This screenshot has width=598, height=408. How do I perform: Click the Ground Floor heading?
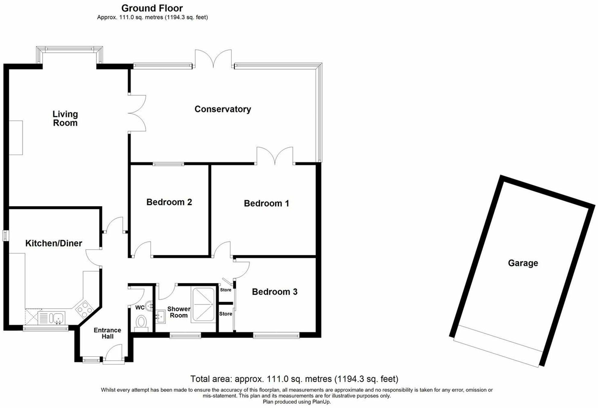[152, 8]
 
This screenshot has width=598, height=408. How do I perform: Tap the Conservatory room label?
[222, 109]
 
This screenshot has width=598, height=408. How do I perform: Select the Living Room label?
[65, 118]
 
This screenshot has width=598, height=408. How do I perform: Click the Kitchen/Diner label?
[54, 243]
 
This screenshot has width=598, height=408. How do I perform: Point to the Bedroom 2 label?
[169, 202]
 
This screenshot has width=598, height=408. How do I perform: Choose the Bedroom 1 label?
[266, 203]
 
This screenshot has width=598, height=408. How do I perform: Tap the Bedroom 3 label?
[274, 292]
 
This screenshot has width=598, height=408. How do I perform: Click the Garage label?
[523, 263]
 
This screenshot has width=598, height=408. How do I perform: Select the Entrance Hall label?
[107, 333]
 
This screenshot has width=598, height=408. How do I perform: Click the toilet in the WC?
[141, 322]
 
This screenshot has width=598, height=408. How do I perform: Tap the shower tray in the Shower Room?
[203, 304]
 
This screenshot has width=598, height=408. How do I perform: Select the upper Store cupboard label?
[225, 290]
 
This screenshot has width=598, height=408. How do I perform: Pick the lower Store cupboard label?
[225, 314]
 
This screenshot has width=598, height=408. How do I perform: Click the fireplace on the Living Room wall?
[16, 138]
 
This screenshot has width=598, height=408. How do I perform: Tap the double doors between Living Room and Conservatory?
[137, 113]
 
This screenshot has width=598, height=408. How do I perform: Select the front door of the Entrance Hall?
[113, 355]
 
